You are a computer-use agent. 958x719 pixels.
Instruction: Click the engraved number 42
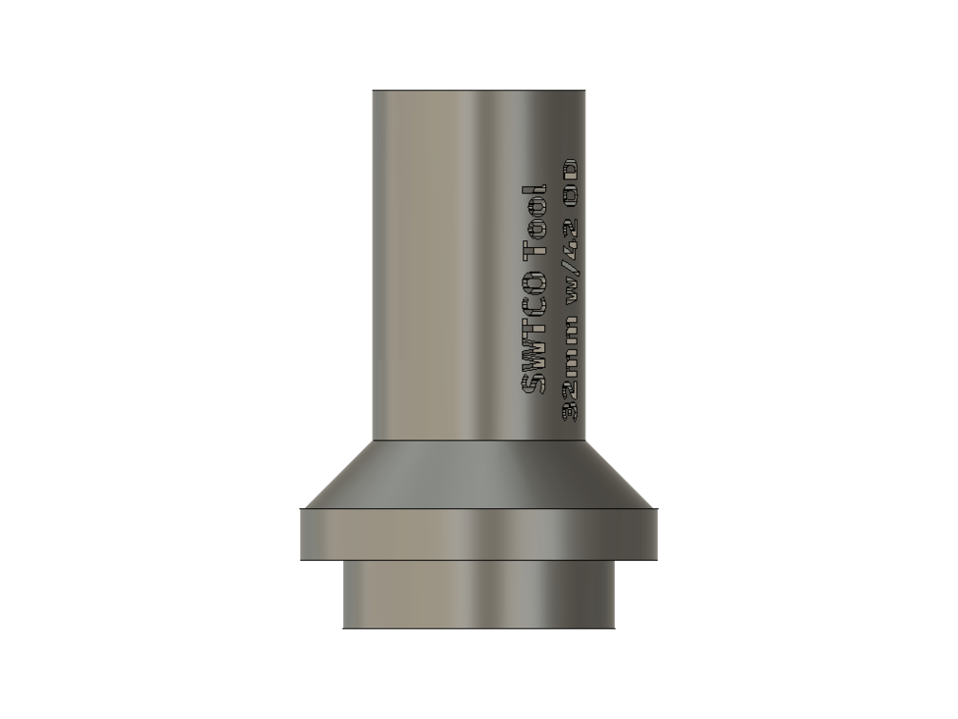(x=571, y=233)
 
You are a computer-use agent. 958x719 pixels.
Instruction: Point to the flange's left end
(x=301, y=534)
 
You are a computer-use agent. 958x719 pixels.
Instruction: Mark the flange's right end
(x=656, y=534)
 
